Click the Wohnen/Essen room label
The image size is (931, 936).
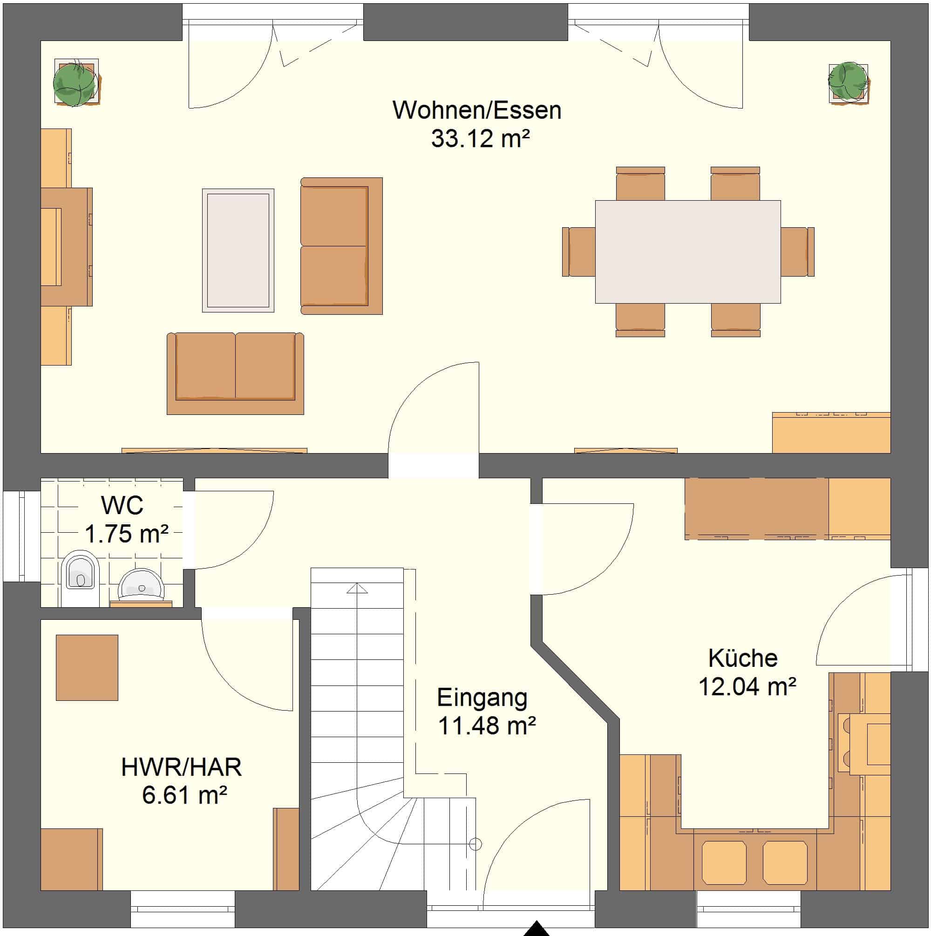point(477,111)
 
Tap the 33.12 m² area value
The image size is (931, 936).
point(480,139)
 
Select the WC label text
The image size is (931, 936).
point(122,506)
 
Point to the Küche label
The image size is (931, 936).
point(743,658)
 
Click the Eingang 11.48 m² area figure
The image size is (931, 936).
point(487,725)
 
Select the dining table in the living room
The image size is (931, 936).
point(688,252)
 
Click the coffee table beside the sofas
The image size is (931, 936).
point(238,251)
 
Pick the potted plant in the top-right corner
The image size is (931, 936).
point(848,82)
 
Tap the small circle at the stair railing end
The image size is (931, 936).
point(476,844)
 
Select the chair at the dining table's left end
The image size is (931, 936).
point(578,252)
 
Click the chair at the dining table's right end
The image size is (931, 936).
point(797,252)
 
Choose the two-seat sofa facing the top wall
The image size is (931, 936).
point(235,373)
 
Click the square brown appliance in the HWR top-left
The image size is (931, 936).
point(87,668)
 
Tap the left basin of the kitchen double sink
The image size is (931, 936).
point(724,862)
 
